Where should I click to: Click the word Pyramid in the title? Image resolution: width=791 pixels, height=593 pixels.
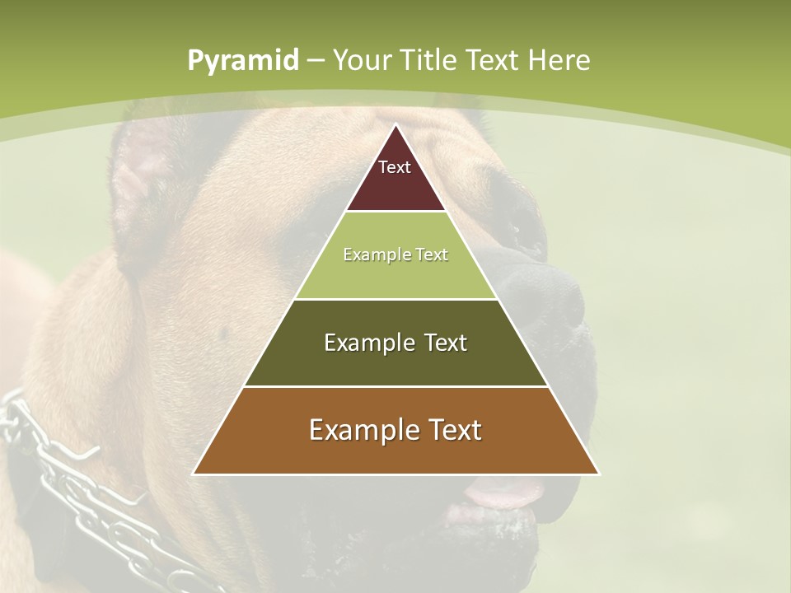pos(242,61)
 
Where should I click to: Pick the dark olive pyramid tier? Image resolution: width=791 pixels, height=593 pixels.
pos(395,362)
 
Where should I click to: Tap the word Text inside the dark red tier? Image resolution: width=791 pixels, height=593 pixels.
pos(395,167)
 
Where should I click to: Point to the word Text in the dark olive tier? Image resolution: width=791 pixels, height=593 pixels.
pos(437,343)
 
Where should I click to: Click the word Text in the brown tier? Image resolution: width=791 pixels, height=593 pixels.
pos(452,430)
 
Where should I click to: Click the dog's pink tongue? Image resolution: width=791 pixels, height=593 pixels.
pos(503,494)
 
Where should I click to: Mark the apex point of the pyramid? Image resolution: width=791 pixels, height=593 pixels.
pos(395,125)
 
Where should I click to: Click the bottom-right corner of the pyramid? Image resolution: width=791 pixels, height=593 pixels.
pos(598,474)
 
